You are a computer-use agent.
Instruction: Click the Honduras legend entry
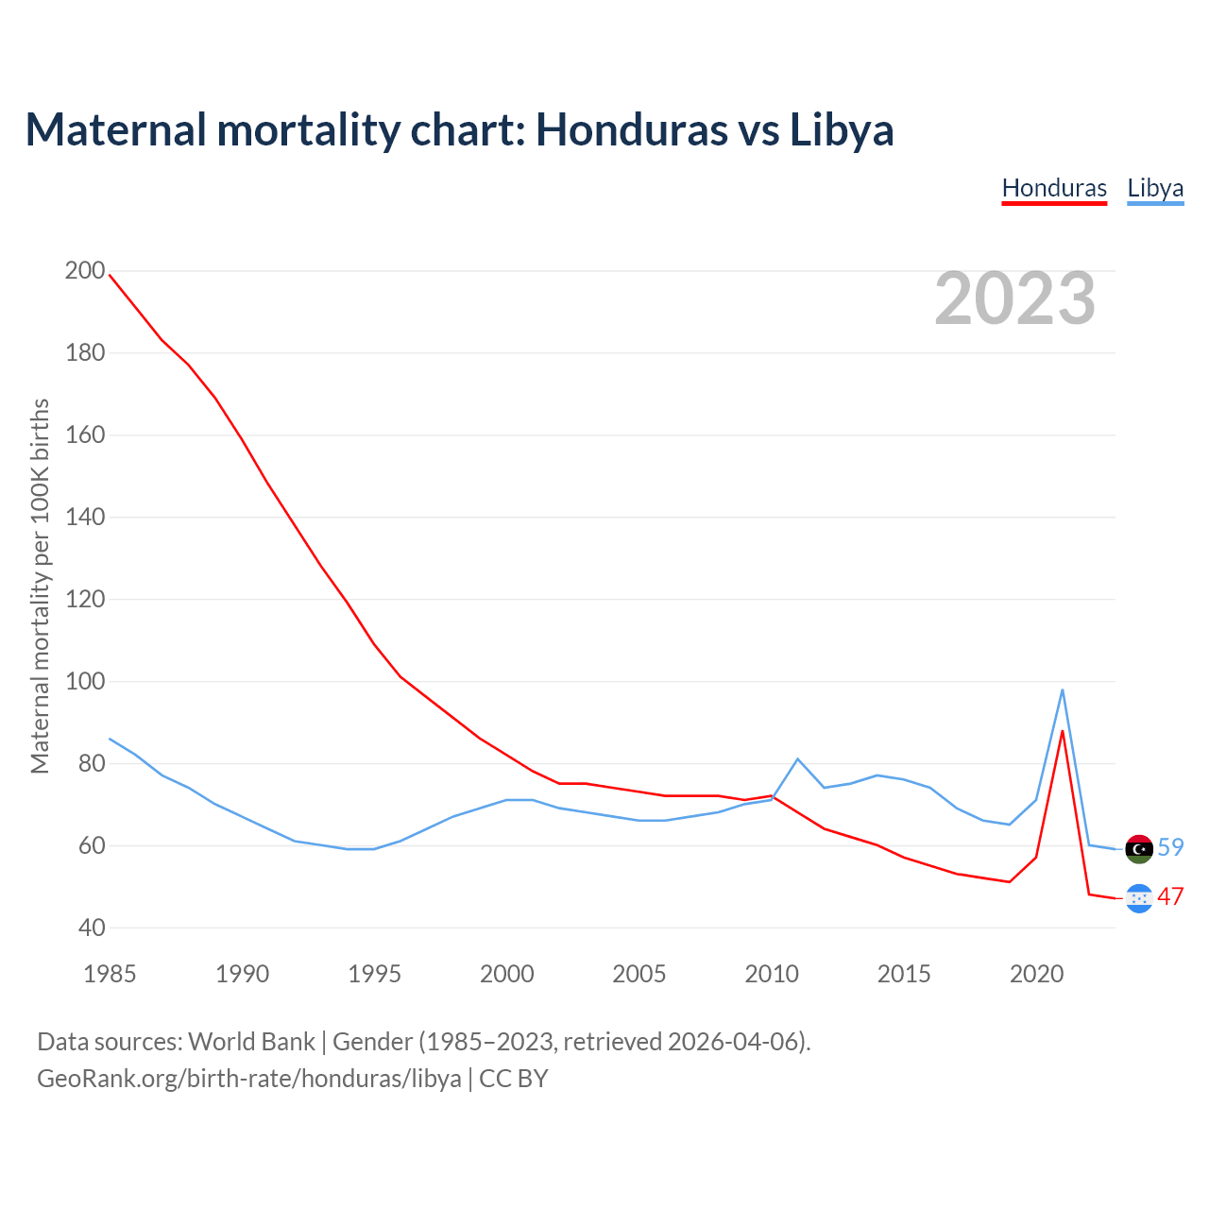pos(1054,188)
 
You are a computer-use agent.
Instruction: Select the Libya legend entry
pos(1155,188)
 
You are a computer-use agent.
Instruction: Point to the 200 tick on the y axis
pos(85,271)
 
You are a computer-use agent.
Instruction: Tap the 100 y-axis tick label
pos(85,681)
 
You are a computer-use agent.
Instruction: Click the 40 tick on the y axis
pos(92,928)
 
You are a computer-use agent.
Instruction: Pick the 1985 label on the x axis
pos(110,974)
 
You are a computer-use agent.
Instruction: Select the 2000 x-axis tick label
pos(507,974)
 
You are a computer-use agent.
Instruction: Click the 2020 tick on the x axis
pos(1037,974)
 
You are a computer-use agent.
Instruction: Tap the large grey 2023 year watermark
pos(1015,298)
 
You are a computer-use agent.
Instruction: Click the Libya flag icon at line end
pos(1139,848)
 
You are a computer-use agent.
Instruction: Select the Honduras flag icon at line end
pos(1139,898)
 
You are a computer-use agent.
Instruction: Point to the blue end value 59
pos(1170,847)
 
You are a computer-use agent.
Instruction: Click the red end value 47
pos(1170,896)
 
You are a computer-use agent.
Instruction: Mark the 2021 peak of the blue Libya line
pos(1063,690)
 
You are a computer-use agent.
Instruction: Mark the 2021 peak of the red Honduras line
pos(1063,731)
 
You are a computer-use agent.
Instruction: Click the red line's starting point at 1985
pos(110,275)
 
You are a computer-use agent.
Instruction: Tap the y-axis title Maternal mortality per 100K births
pos(40,586)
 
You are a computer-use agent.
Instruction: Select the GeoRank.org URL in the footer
pos(249,1078)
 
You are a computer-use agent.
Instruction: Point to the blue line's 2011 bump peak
pos(798,758)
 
